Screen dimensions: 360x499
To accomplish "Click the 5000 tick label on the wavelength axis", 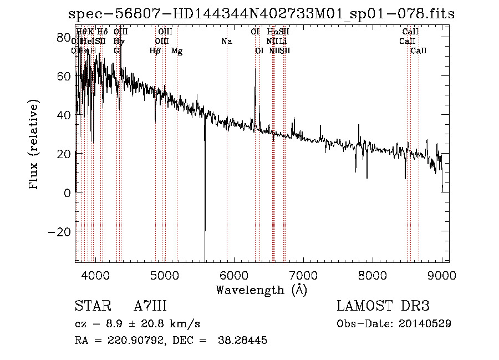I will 164,275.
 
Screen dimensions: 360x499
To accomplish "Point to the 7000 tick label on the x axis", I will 303,275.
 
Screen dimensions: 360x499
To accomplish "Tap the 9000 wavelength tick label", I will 442,275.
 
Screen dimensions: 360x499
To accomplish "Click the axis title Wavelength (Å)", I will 261,290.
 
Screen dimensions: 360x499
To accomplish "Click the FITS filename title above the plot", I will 261,14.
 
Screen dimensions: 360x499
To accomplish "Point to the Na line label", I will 226,41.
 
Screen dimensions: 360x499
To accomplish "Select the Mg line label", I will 177,51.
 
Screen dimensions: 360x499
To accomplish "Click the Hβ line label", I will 155,51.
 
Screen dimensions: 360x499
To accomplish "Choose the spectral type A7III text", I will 150,306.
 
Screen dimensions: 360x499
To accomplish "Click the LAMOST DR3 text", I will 383,306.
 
